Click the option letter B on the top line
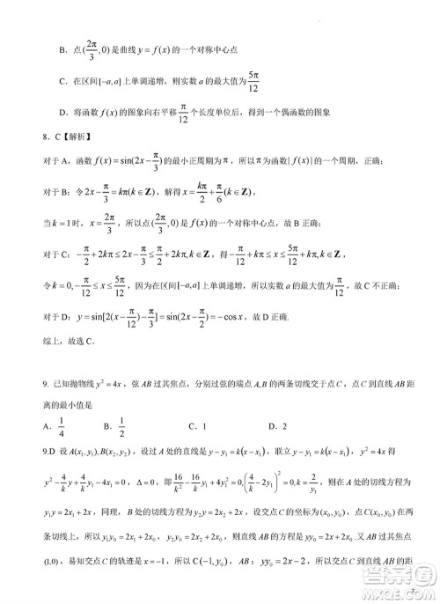point(63,48)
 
